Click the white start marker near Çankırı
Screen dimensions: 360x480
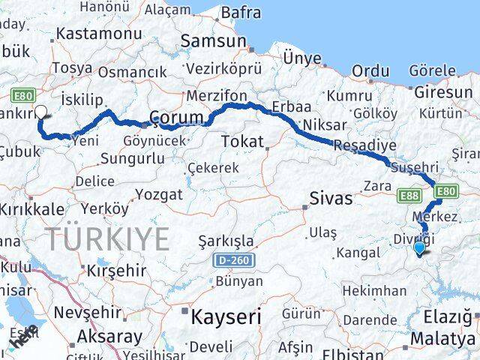pyautogui.click(x=40, y=113)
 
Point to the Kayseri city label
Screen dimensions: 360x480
pyautogui.click(x=226, y=316)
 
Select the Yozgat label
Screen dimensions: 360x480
pyautogui.click(x=158, y=195)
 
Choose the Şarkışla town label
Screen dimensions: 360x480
pyautogui.click(x=226, y=241)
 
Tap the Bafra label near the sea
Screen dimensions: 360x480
pyautogui.click(x=241, y=13)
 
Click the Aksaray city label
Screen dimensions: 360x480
pyautogui.click(x=109, y=336)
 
